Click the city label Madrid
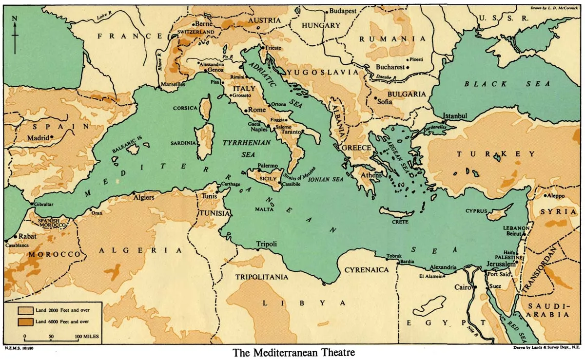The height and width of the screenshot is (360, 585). click(x=38, y=138)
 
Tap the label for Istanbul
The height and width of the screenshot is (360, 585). click(x=454, y=116)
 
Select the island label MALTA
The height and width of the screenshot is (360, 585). click(x=262, y=209)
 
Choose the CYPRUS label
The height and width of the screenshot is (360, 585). click(x=476, y=211)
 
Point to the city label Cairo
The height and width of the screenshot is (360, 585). click(x=461, y=287)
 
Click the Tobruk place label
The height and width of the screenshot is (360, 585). click(x=393, y=256)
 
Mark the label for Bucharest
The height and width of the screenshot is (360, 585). click(x=390, y=67)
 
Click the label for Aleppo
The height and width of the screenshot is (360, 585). click(x=556, y=195)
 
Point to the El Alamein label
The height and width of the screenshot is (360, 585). click(x=429, y=277)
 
